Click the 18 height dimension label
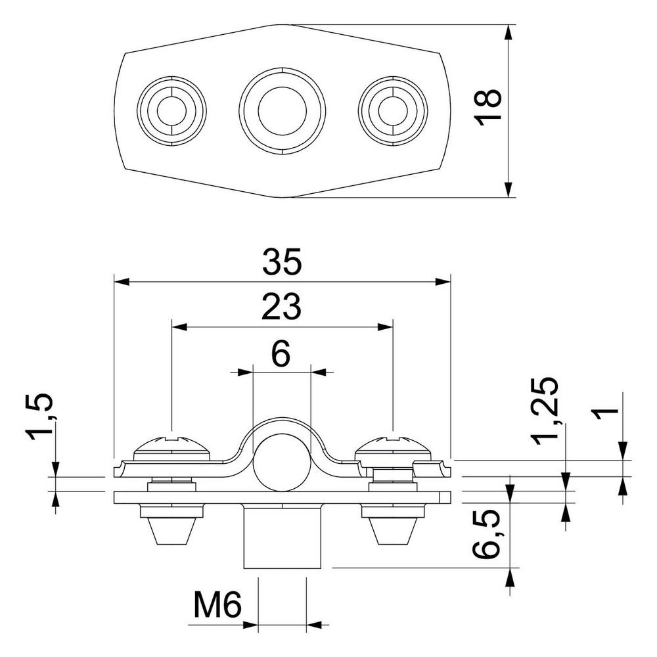click(x=488, y=107)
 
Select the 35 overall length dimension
click(x=282, y=262)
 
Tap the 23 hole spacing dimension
click(x=281, y=306)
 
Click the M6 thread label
click(x=217, y=605)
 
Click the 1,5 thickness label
click(x=41, y=417)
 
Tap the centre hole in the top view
click(x=282, y=111)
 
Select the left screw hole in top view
click(x=171, y=111)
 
